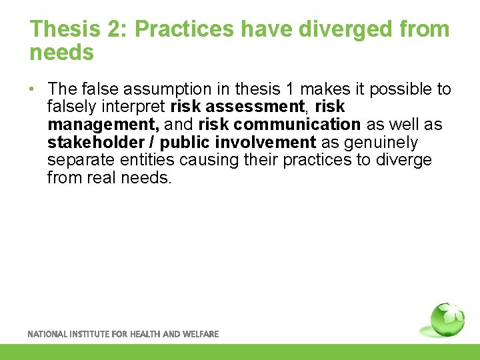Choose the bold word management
[103, 125]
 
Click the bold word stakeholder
[95, 143]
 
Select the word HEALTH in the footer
[141, 334]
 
